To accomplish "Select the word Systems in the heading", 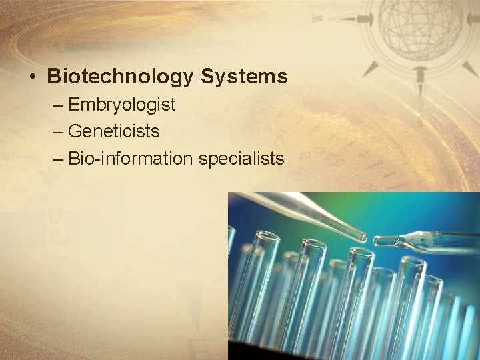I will click(x=243, y=77).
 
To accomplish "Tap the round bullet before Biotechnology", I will click(x=32, y=77).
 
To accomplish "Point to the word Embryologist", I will click(x=121, y=105).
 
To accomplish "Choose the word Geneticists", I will click(x=114, y=131).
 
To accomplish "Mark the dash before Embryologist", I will click(x=57, y=105).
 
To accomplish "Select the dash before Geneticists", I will click(x=57, y=131).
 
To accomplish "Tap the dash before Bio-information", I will click(x=57, y=159).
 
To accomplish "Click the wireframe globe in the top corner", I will click(x=420, y=30).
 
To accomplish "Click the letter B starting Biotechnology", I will click(x=53, y=77).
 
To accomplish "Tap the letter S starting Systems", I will click(x=206, y=77).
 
